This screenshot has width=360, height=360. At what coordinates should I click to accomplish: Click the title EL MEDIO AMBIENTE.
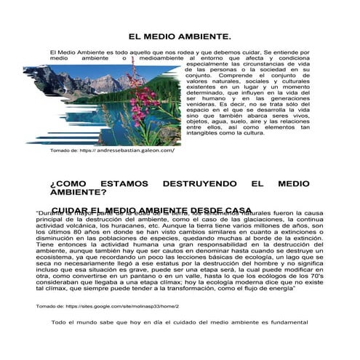point(180,36)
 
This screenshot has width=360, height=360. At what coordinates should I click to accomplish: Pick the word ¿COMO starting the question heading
point(68,185)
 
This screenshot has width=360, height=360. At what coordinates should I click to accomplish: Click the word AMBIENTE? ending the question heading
point(78,193)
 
